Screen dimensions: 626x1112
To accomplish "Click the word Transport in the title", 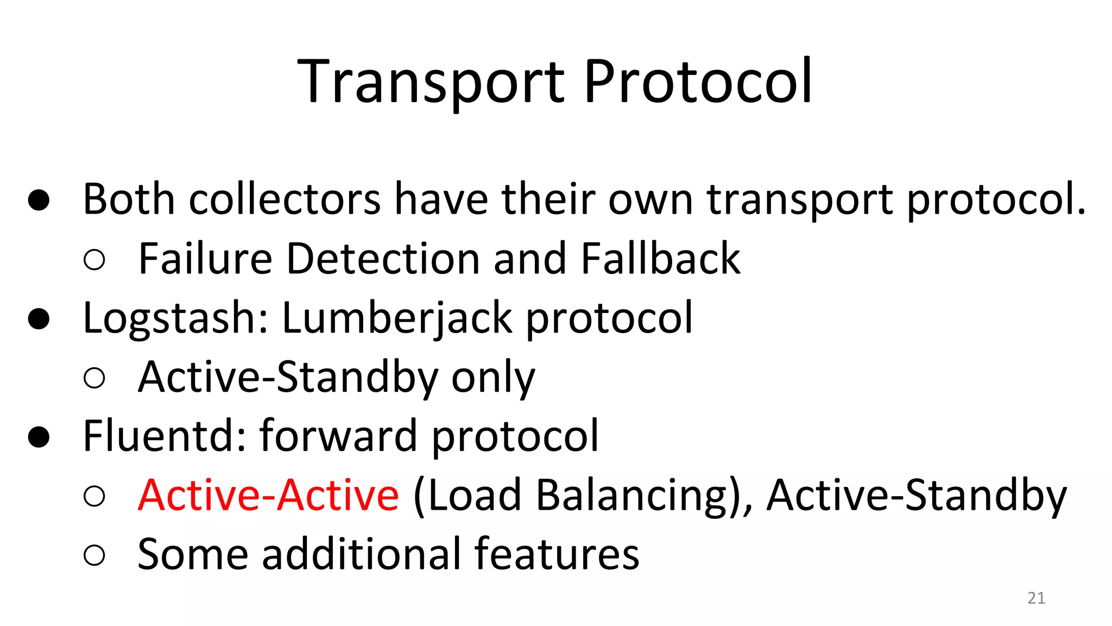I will point(432,82).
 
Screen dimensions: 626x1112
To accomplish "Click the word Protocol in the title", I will point(697,82).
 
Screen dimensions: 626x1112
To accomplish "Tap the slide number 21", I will point(1036,598).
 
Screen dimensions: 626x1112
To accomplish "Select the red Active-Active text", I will point(268,495).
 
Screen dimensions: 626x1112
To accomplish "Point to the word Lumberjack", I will point(397,318).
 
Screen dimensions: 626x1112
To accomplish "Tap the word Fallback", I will point(660,259).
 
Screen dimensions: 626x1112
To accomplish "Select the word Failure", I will point(205,259).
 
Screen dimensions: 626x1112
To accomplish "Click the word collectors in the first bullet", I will point(285,199).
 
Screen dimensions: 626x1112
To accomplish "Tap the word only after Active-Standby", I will point(493,378).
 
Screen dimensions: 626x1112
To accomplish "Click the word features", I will point(557,554).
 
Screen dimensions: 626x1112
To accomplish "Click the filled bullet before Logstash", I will point(39,319).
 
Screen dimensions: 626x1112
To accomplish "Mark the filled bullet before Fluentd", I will point(39,436).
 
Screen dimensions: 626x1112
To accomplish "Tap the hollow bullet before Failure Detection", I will point(94,260).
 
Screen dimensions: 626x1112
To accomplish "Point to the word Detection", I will point(383,259).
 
